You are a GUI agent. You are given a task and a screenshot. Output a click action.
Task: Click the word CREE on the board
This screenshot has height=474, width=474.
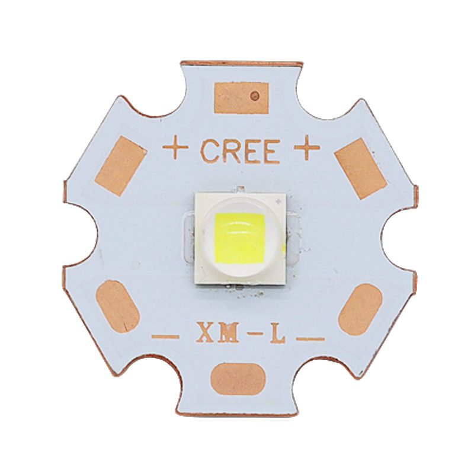tap(240, 151)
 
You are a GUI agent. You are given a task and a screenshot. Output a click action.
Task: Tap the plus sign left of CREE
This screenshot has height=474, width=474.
tap(175, 147)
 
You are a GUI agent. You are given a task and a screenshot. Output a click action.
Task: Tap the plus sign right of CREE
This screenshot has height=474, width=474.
tap(307, 147)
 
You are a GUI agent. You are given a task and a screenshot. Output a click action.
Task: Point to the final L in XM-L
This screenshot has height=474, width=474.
tap(278, 332)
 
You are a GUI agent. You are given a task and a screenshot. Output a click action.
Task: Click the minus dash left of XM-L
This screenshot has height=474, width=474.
tap(165, 337)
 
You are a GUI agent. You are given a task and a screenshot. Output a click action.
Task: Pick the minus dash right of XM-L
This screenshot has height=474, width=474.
tap(310, 339)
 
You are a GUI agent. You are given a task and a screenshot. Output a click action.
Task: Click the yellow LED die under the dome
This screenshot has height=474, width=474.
tap(240, 239)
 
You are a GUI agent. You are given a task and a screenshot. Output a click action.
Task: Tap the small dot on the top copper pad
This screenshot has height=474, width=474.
tap(255, 96)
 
